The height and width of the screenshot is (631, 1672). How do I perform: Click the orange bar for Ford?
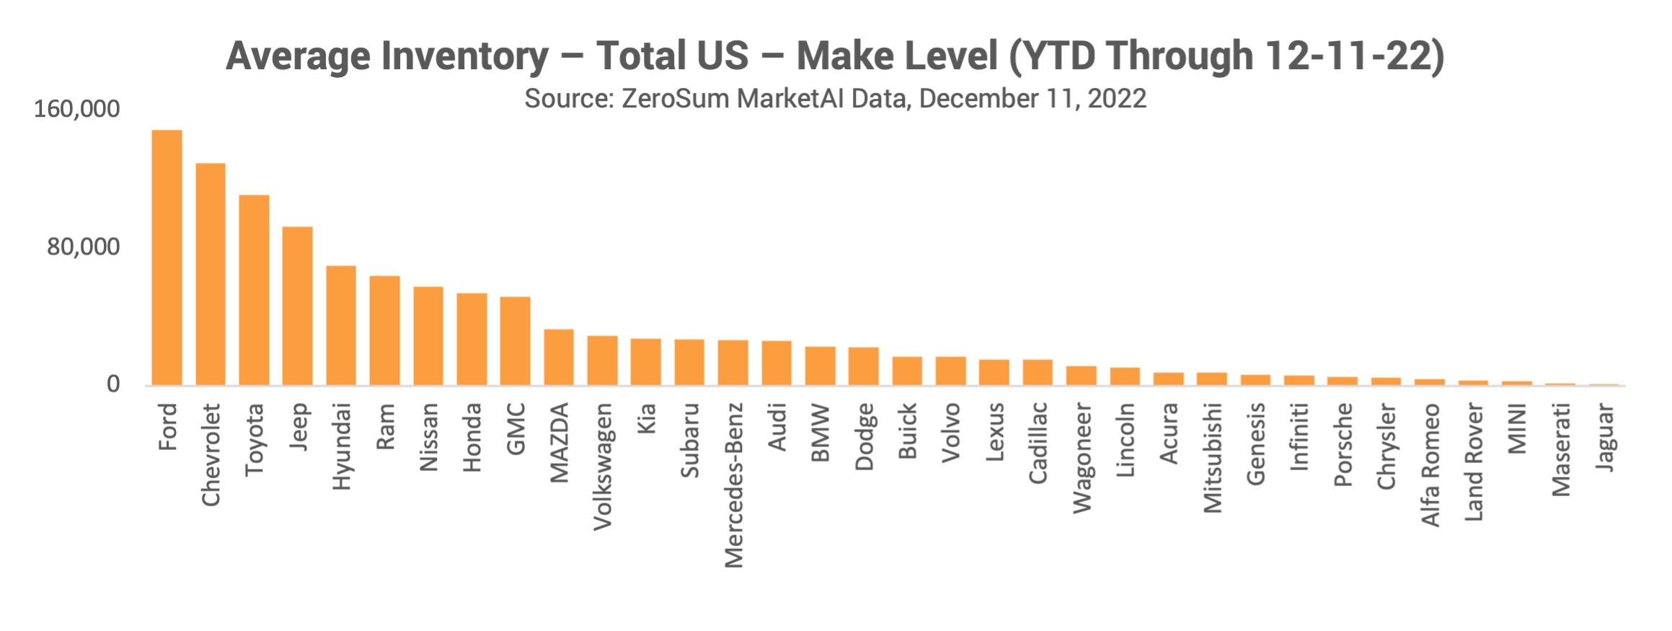(167, 257)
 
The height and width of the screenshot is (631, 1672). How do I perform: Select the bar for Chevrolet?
(211, 274)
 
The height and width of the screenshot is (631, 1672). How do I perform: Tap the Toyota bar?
(254, 290)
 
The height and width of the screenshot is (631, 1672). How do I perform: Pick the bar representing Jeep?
(297, 306)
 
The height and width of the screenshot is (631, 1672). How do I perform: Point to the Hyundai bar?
(341, 325)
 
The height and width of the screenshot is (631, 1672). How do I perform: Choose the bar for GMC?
(516, 340)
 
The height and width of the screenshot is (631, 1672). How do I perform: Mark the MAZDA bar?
(559, 357)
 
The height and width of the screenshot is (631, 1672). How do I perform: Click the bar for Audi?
(777, 363)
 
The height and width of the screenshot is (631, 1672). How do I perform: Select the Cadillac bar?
(1038, 372)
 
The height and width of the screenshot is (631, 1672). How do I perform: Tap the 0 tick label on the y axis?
(114, 384)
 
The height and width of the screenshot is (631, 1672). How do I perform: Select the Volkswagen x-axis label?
(603, 467)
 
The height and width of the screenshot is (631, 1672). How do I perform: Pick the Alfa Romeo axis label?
(1430, 464)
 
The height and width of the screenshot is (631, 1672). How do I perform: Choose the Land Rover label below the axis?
(1474, 462)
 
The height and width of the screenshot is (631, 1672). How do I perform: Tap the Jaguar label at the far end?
(1605, 438)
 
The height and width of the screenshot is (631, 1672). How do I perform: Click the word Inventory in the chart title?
(465, 56)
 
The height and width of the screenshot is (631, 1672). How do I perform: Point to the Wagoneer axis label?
(1082, 459)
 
